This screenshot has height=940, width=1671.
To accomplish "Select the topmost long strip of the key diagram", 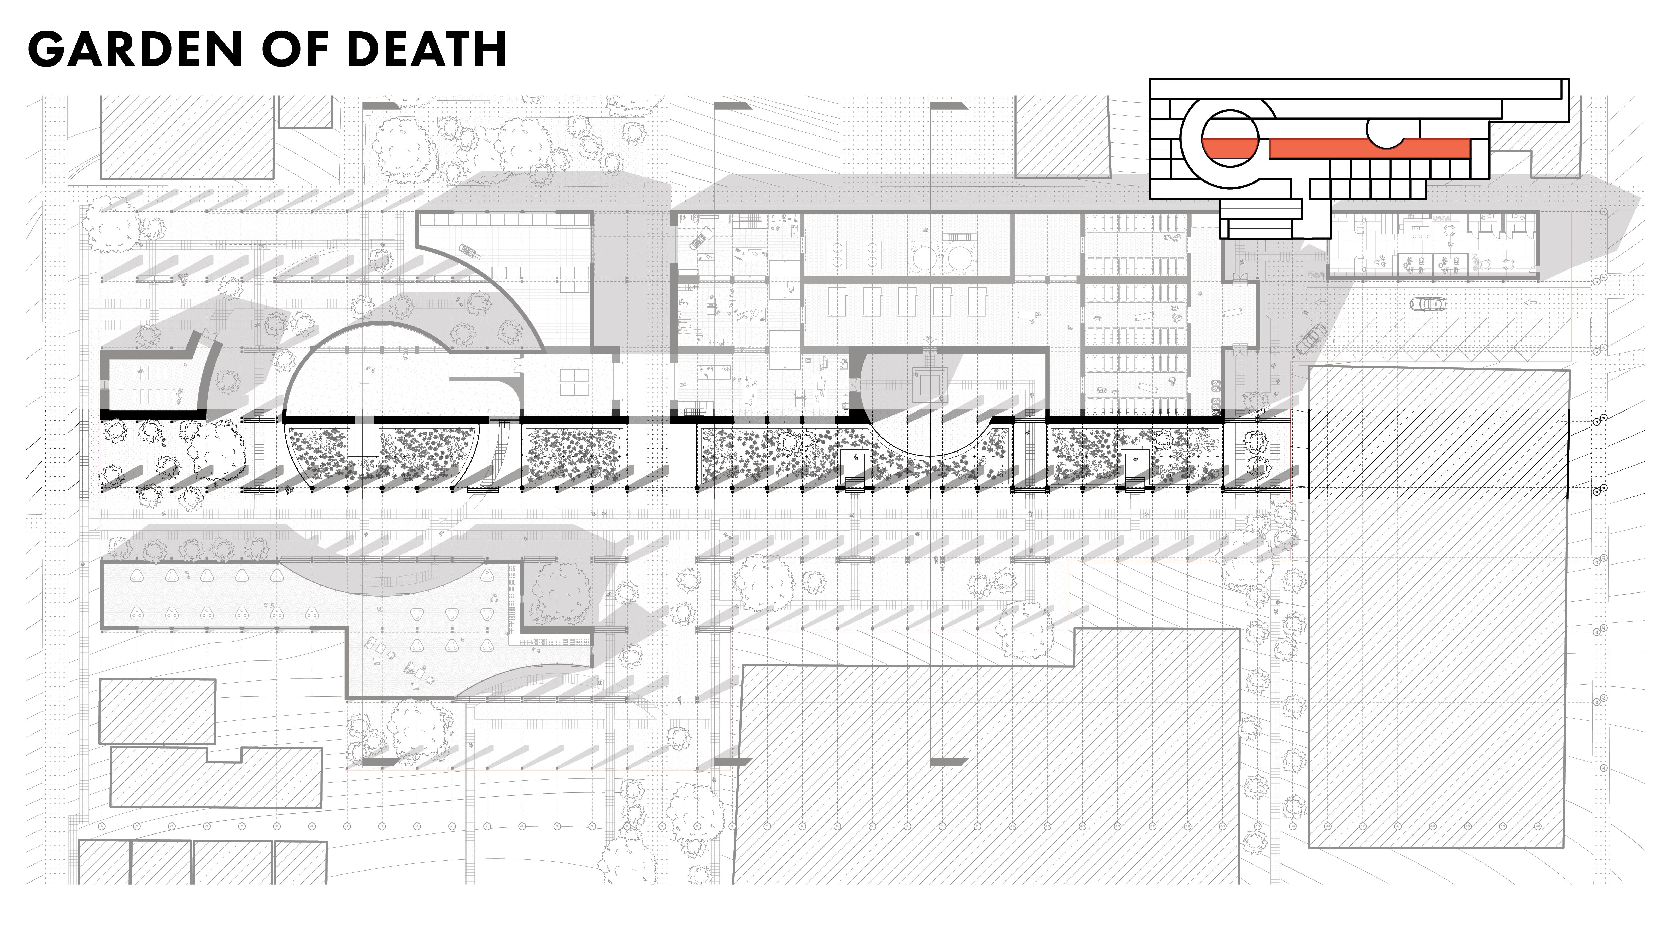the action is (x=1356, y=87).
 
